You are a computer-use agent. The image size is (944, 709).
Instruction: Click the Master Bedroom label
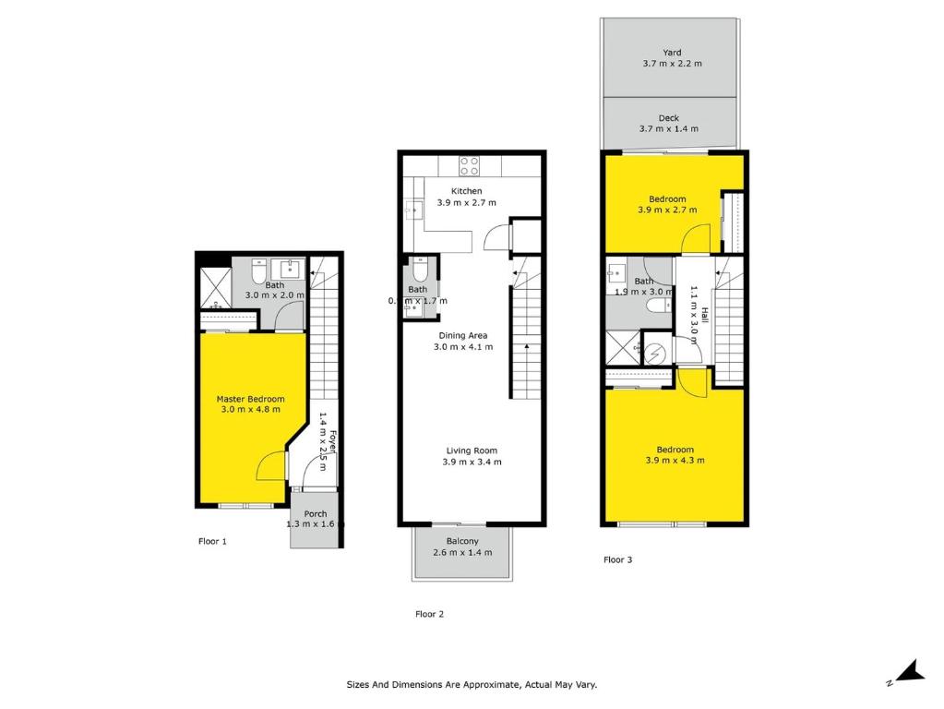tap(250, 399)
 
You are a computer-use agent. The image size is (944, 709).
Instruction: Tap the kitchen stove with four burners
tap(470, 166)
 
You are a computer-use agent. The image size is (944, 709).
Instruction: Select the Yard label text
tap(672, 53)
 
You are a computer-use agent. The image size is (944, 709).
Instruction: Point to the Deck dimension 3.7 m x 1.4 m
tap(669, 129)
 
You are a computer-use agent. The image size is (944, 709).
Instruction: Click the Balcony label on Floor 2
tap(461, 541)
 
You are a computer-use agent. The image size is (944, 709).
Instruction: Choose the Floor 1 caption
tap(212, 541)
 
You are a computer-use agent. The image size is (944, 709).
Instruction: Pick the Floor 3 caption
tap(617, 559)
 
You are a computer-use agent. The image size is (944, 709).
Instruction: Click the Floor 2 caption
tap(429, 614)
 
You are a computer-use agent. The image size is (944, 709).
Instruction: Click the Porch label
tap(315, 514)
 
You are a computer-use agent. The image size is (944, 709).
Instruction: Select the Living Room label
tap(471, 451)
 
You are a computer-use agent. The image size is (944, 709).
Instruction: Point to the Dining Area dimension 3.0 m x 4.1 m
tap(463, 347)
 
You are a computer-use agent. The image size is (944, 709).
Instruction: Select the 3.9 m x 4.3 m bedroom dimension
tap(669, 461)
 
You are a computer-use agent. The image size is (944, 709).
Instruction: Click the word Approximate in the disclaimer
tap(484, 685)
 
